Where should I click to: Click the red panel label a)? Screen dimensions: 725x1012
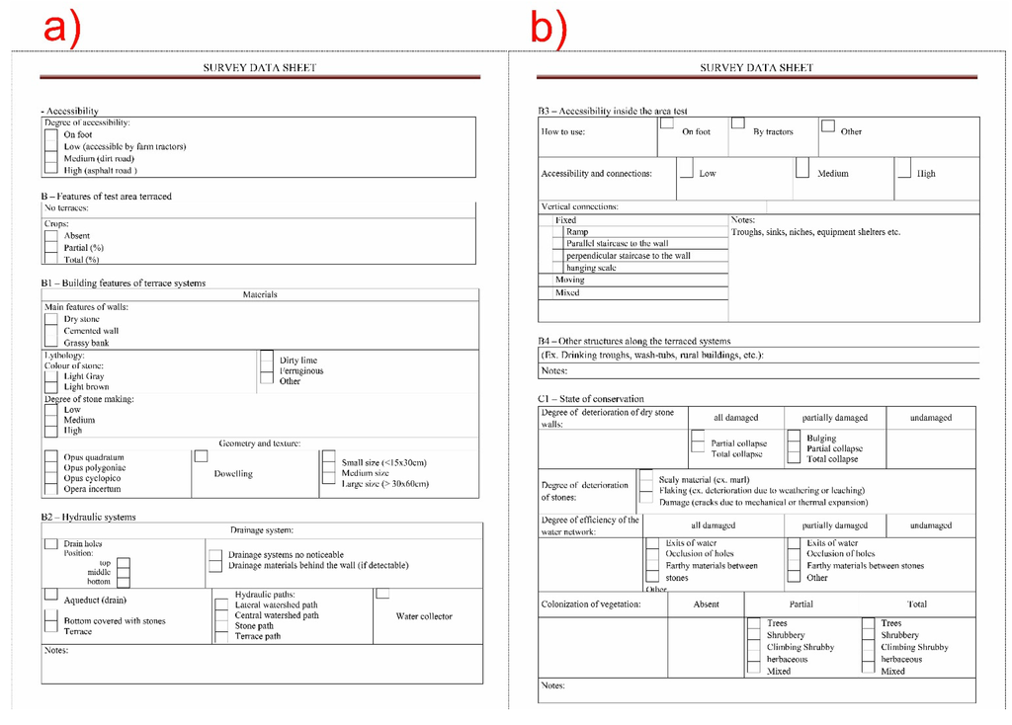click(60, 26)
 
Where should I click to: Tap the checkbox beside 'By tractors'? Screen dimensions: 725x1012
click(737, 123)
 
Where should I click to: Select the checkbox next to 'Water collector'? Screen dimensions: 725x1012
click(382, 593)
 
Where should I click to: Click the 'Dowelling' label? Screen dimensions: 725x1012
click(233, 474)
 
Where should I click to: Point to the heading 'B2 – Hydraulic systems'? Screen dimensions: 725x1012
click(88, 517)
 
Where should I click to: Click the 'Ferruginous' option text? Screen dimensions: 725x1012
click(300, 371)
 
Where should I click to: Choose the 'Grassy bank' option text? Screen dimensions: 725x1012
click(86, 344)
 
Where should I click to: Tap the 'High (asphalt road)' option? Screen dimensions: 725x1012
click(100, 171)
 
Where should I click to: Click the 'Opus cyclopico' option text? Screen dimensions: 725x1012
click(94, 478)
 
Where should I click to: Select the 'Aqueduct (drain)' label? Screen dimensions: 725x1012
click(95, 601)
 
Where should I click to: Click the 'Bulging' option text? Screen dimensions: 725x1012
click(820, 438)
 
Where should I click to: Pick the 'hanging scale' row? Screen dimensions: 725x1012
click(591, 268)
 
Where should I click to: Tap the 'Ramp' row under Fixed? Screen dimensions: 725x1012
click(577, 232)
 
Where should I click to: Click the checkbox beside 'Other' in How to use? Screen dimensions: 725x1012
click(828, 125)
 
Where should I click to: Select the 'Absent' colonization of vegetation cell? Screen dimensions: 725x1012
click(706, 604)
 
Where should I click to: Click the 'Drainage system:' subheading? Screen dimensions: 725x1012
click(261, 530)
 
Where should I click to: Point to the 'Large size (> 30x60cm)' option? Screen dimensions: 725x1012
click(384, 484)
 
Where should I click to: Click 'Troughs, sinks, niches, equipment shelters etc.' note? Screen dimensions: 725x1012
click(815, 232)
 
